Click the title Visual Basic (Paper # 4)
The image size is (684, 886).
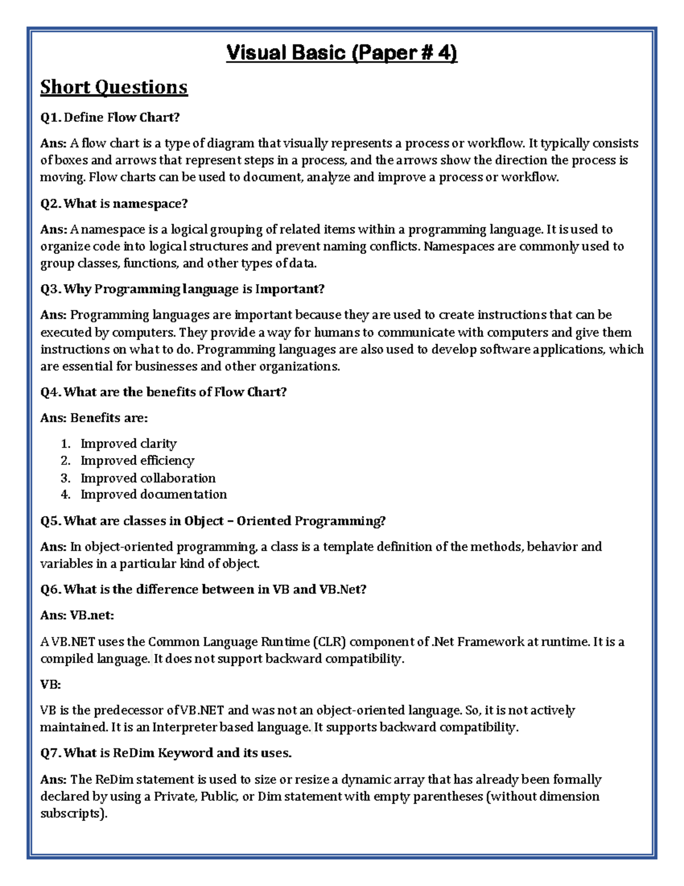341,53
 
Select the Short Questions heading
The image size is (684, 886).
113,87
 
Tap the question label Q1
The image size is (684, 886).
51,118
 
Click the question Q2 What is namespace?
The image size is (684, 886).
114,204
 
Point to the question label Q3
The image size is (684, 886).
51,289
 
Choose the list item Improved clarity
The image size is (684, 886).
128,443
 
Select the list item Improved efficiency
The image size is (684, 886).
137,460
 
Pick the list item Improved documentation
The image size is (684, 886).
153,494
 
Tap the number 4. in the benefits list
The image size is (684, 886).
66,494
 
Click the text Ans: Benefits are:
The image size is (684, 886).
94,418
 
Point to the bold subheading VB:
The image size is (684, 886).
50,684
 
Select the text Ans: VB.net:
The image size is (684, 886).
77,615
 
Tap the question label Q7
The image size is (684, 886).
51,753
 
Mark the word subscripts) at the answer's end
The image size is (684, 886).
74,814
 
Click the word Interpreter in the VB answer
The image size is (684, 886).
184,727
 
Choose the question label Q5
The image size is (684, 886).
51,521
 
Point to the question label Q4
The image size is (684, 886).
51,392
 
